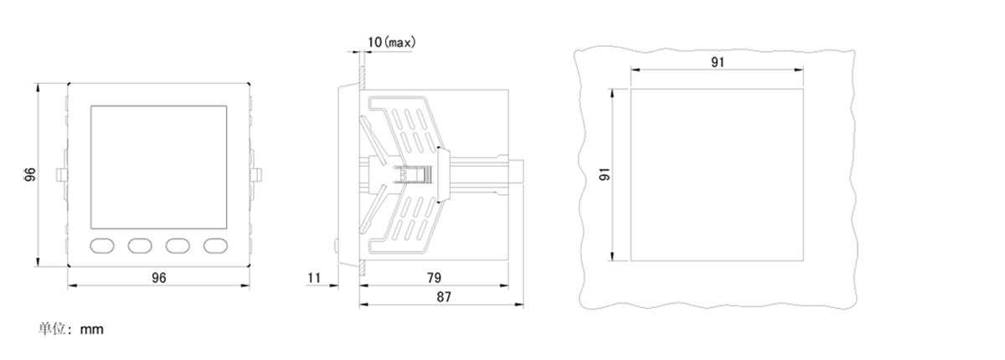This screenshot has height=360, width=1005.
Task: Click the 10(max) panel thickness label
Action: click(392, 42)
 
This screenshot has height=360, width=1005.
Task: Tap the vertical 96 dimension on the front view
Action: click(29, 174)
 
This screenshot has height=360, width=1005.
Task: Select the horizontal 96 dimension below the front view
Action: click(159, 278)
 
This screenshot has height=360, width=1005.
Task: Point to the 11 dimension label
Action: click(314, 278)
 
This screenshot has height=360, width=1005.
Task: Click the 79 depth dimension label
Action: click(434, 278)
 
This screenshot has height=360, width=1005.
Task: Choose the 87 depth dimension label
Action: click(444, 296)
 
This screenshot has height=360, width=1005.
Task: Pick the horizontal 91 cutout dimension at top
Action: click(718, 62)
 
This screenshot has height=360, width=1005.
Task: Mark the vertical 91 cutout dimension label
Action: click(606, 174)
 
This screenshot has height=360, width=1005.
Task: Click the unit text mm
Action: click(92, 330)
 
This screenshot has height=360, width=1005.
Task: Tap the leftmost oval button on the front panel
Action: click(102, 245)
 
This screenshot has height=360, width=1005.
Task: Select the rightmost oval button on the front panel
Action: click(215, 245)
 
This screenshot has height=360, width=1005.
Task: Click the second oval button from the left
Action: click(140, 245)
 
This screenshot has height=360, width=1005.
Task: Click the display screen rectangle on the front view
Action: click(159, 167)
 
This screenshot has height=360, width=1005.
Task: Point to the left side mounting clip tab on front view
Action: click(60, 174)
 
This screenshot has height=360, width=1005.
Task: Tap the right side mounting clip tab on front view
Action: click(257, 174)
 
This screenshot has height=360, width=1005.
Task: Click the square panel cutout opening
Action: click(717, 175)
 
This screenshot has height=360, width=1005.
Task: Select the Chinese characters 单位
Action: click(53, 329)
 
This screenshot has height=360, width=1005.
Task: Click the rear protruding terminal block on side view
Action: click(516, 172)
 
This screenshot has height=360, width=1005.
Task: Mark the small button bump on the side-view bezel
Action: click(336, 245)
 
